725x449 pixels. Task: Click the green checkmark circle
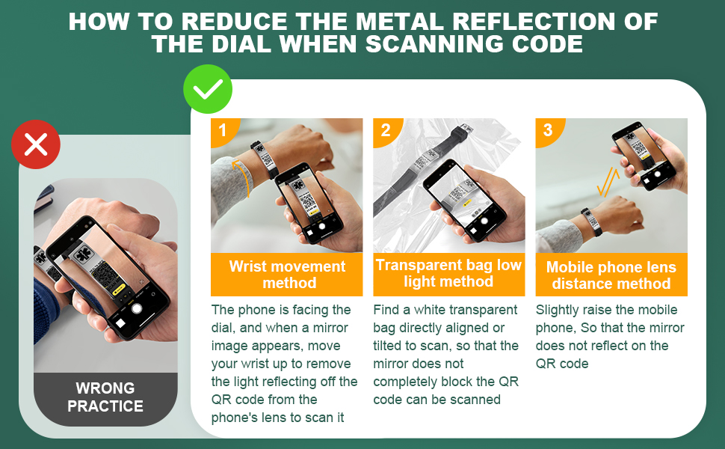tap(208, 89)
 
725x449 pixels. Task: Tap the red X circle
tap(36, 144)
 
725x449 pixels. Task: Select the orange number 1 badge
tap(225, 131)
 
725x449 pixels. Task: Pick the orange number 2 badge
tap(387, 131)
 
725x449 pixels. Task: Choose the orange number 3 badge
tap(549, 131)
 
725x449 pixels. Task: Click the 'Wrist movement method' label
tap(287, 275)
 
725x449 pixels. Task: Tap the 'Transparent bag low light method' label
tap(448, 273)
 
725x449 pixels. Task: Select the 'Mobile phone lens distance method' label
tap(611, 275)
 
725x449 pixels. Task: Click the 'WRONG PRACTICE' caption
tap(105, 397)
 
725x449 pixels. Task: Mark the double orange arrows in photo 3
tap(608, 182)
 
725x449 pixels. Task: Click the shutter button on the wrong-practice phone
tap(136, 309)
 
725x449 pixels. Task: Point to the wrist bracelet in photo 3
tap(592, 222)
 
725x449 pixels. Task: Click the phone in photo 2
tap(465, 201)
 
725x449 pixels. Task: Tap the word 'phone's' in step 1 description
tap(235, 418)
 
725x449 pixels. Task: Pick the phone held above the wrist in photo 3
tap(644, 155)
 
